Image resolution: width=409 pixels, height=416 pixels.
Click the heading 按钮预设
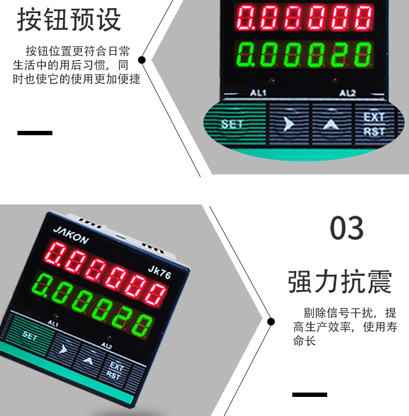coord(69,20)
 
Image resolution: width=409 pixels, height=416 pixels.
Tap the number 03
coord(347,228)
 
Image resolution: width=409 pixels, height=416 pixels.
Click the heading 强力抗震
coord(340,281)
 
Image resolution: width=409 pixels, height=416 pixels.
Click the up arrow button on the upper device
coord(331,124)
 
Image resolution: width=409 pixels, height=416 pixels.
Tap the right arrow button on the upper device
coord(289,124)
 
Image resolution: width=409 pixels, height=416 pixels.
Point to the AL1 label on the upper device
coord(258,93)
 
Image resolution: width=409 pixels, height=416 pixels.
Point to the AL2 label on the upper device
coord(347,93)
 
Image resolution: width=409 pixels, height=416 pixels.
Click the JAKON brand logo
coord(71,236)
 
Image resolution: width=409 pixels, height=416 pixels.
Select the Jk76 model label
coord(159,272)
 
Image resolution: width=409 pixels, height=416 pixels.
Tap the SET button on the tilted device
coord(31,335)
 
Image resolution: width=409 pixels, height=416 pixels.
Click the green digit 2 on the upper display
coord(339,55)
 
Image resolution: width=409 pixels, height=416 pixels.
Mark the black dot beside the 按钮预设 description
coord(142,60)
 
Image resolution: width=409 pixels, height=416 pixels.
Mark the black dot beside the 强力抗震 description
coord(271,322)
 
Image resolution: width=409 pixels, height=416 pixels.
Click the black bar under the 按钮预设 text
coord(35,133)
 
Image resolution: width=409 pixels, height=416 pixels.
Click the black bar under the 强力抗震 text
coord(309,395)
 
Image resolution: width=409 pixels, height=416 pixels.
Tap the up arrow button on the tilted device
coord(88,360)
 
